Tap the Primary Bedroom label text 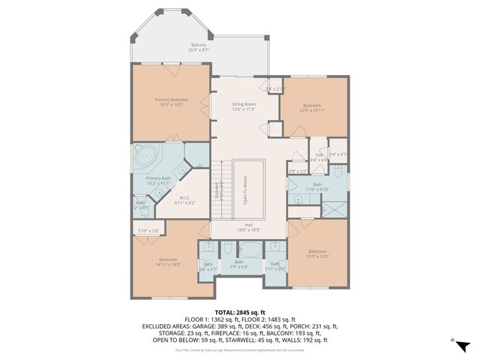click(172, 102)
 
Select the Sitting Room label click(244, 106)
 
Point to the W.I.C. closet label click(184, 200)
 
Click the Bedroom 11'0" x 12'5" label click(317, 253)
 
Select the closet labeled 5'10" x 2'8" click(148, 230)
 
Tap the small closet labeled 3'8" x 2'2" click(298, 171)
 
